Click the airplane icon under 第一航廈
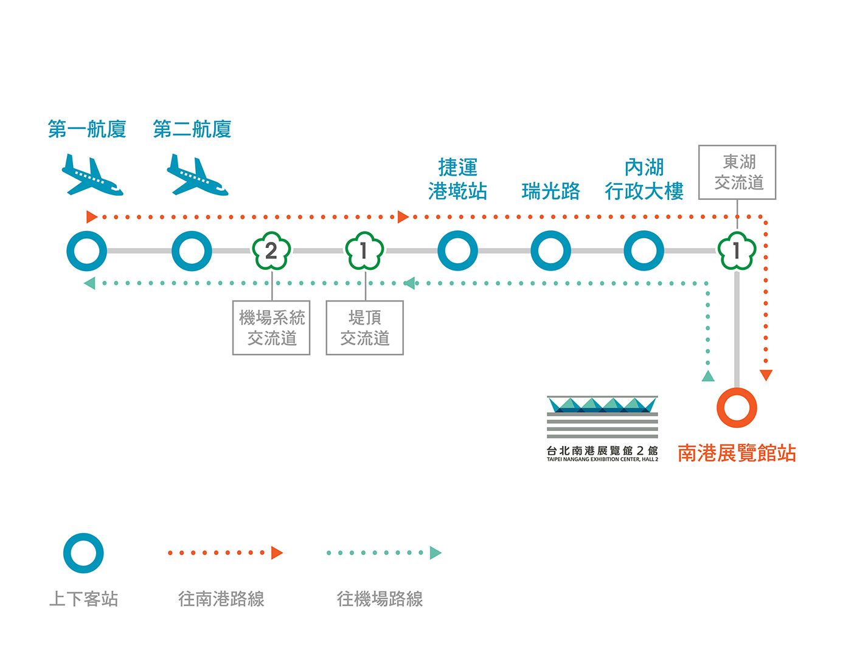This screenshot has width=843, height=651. coord(92,176)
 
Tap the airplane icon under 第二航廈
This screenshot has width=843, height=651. coord(197,176)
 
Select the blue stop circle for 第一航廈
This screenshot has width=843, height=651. coord(86,250)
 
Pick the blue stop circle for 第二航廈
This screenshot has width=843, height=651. coord(192,250)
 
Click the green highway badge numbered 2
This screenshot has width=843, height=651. coord(271,250)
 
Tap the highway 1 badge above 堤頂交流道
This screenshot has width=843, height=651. coord(364,250)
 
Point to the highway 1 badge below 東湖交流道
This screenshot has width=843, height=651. coord(737,250)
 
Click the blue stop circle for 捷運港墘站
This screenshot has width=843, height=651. coord(457,250)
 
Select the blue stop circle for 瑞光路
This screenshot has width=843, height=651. coord(550,250)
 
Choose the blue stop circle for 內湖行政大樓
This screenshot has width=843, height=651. coord(644,250)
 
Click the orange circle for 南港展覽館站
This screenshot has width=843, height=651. coord(737,407)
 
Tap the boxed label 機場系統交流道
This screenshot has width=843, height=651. coord(271,328)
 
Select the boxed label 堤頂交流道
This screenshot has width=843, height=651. coord(364,328)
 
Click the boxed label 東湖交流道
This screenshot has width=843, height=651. coord(737,172)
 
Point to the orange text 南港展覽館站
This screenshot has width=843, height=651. coord(737,453)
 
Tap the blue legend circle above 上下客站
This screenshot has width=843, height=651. coord(83,553)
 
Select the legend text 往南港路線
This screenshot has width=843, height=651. coord(221,599)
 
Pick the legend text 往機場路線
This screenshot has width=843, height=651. coord(380,599)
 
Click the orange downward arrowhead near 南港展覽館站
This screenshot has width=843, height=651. coord(766,375)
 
